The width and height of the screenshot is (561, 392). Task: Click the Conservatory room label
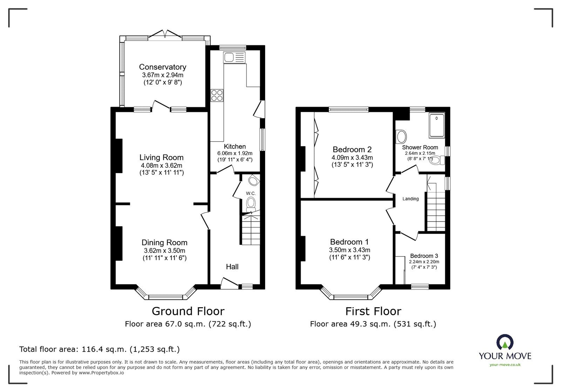(162, 67)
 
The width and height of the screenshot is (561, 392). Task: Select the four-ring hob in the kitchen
(217, 95)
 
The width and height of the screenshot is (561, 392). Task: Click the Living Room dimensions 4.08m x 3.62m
(161, 165)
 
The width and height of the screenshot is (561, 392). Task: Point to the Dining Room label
(164, 242)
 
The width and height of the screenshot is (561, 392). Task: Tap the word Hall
(232, 267)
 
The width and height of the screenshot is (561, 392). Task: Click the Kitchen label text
(235, 146)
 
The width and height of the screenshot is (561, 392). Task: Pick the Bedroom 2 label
(352, 150)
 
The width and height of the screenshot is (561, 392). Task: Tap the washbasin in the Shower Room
(400, 136)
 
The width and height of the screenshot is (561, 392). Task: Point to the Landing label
(410, 199)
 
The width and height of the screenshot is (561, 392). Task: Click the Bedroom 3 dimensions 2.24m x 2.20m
(424, 262)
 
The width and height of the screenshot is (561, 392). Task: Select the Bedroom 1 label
(349, 242)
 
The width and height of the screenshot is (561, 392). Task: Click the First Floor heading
(373, 311)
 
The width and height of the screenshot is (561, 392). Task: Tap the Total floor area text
(99, 349)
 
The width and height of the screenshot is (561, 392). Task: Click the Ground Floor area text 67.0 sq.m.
(188, 324)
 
